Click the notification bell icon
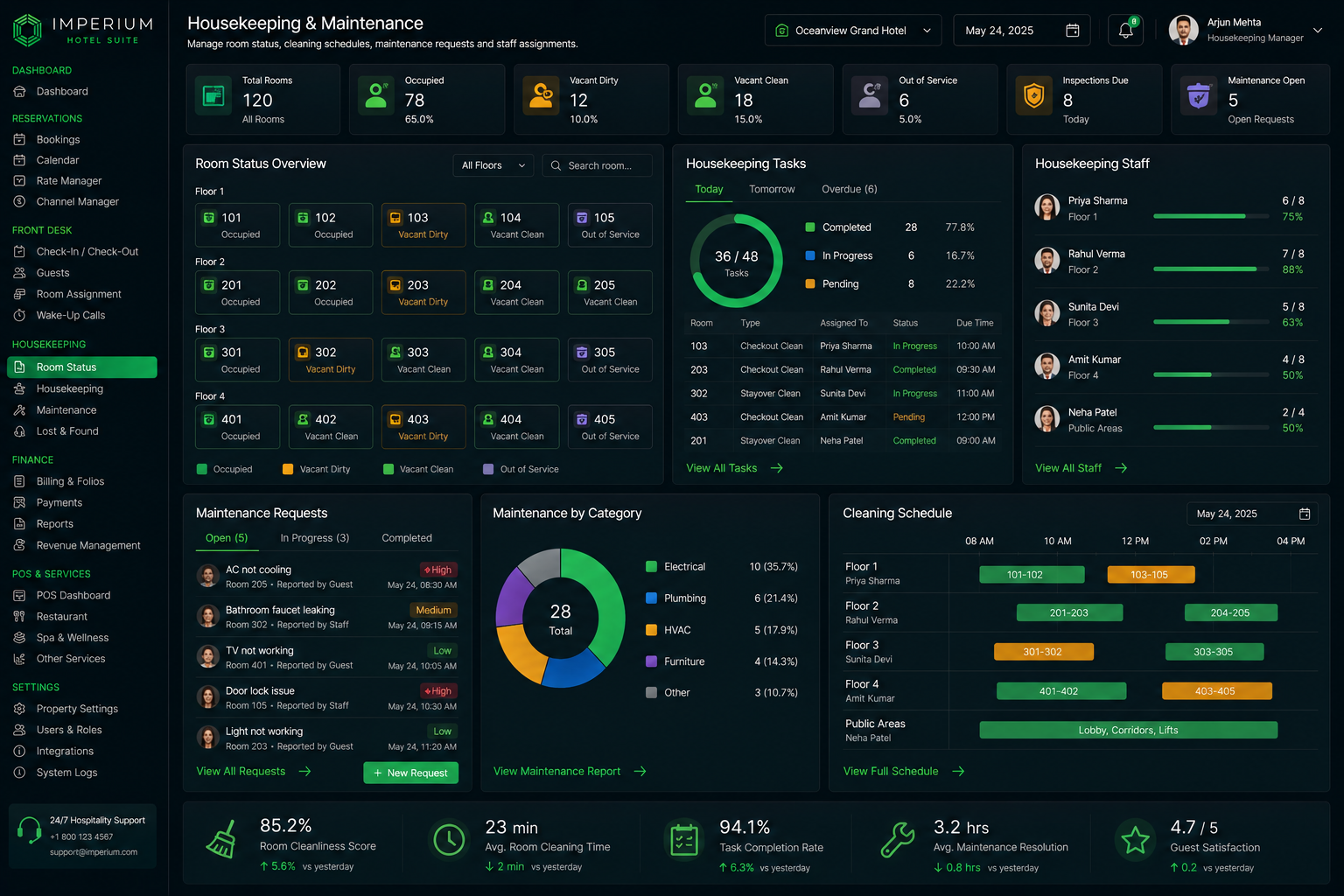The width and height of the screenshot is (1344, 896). coord(1125,31)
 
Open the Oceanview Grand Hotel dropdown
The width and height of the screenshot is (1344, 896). coord(852,31)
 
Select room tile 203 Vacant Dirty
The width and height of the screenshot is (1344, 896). coord(423,292)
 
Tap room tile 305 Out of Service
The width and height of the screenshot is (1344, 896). coord(610,360)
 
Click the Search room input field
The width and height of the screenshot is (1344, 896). coord(597,165)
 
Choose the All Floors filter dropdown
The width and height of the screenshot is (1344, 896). coord(493,165)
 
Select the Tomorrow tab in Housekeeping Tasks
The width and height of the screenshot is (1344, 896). coord(772,189)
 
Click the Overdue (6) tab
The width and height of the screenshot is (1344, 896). coord(849,189)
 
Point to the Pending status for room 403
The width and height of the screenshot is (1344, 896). coord(908,417)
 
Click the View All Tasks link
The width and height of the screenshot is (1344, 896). coord(734,468)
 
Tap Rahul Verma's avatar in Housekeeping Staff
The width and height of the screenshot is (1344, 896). coord(1047,261)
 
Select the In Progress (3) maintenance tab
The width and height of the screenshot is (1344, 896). coord(314,538)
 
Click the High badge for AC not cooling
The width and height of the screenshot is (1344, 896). coord(438,570)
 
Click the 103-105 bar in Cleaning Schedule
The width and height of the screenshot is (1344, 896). coord(1151,574)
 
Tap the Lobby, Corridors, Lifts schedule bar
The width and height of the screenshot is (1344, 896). coord(1128,730)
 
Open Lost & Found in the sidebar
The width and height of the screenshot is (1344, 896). coord(67,430)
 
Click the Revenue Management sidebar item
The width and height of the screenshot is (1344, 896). coord(88,545)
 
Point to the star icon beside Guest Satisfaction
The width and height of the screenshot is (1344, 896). coord(1135,840)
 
